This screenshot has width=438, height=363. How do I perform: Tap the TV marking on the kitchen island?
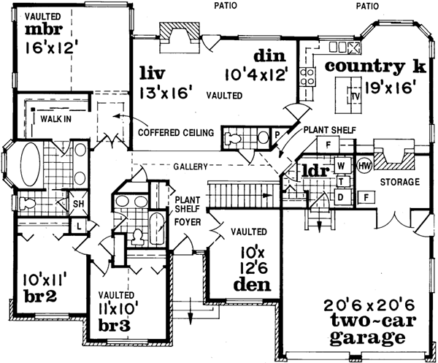click(x=356, y=95)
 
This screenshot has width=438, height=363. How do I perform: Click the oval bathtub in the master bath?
click(x=31, y=162)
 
